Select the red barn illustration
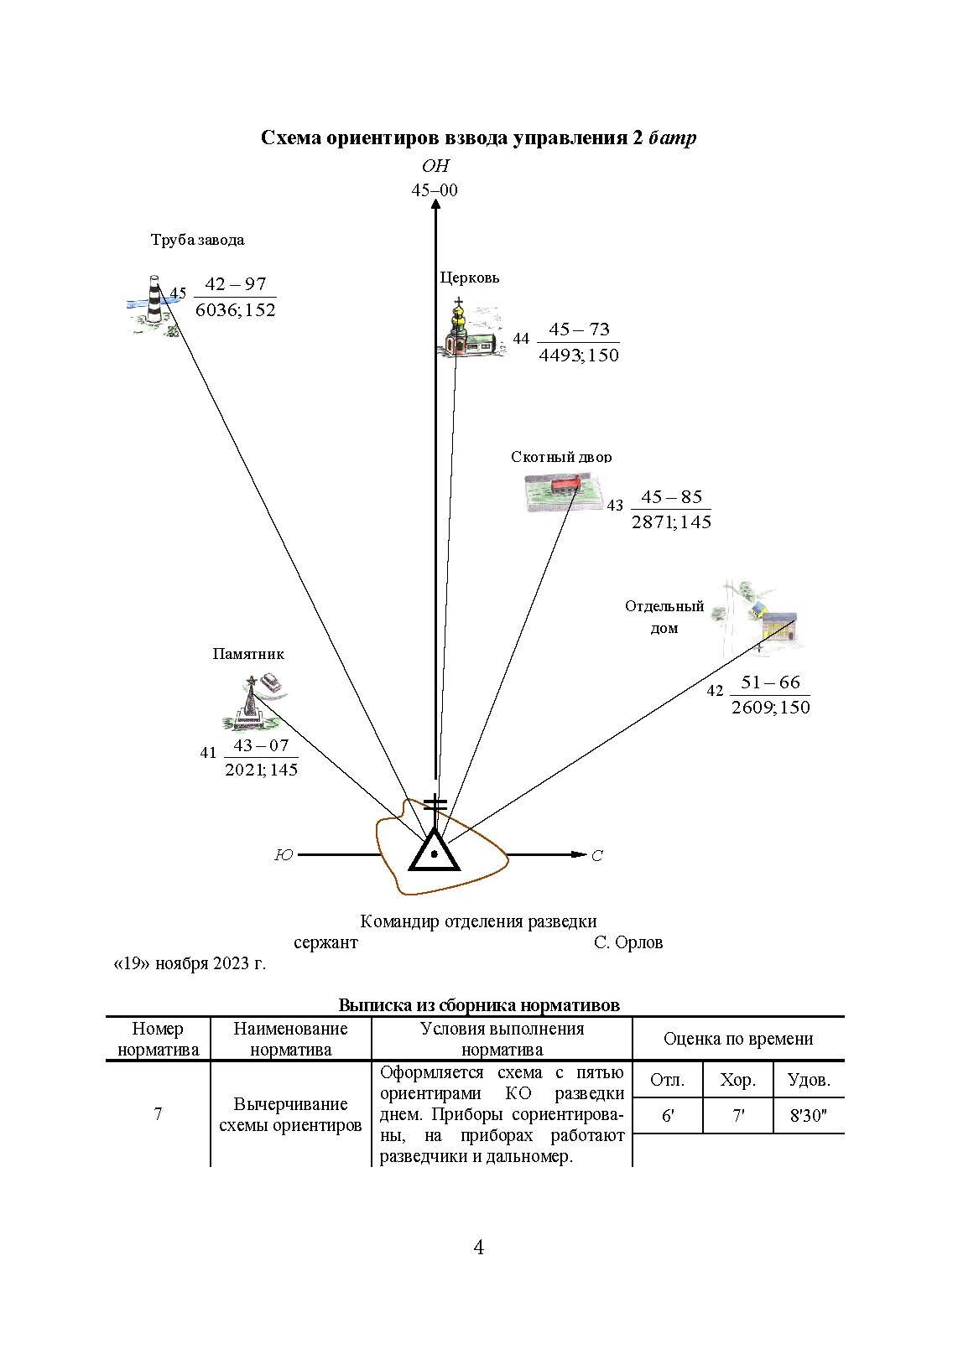tap(565, 490)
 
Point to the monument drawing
tap(255, 701)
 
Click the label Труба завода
tap(197, 240)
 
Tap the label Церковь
tap(470, 277)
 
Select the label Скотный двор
tap(561, 457)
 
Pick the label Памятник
tap(248, 654)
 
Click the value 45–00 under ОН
tap(435, 190)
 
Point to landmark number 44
tap(522, 340)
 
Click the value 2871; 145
tap(671, 522)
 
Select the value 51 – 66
tap(770, 682)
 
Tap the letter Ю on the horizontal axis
tap(284, 856)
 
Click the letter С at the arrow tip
tap(597, 856)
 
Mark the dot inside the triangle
tap(434, 855)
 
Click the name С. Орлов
tap(628, 942)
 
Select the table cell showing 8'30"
tap(809, 1117)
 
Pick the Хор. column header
tap(737, 1080)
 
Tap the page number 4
tap(479, 1248)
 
